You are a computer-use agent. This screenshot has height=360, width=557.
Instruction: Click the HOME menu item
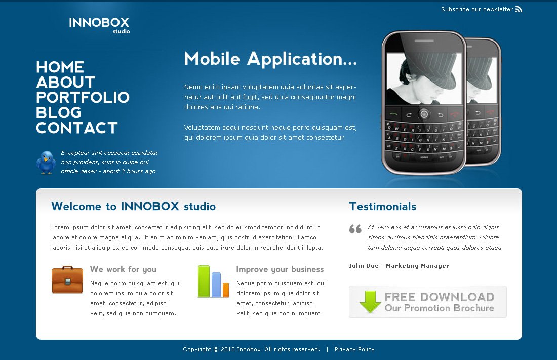tap(60, 67)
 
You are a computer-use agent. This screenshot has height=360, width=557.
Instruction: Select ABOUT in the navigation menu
tap(66, 83)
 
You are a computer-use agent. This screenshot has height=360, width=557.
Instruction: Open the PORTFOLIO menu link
tap(83, 97)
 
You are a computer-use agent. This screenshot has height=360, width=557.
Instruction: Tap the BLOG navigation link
tap(59, 112)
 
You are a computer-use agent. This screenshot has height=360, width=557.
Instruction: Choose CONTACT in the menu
tap(77, 128)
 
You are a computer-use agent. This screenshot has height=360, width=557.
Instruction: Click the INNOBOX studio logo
tap(99, 25)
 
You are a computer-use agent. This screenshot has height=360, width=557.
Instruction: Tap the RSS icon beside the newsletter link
tap(519, 9)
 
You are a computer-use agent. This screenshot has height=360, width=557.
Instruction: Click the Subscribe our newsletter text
tap(476, 9)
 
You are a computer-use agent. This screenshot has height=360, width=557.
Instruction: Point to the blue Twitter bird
tap(46, 163)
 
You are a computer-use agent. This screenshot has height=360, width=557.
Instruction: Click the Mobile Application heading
tap(270, 59)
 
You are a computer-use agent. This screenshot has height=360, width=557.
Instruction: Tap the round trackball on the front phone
tap(424, 114)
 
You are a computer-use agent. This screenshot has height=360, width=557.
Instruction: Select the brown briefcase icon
tap(67, 279)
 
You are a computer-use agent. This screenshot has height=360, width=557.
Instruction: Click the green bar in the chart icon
tap(204, 281)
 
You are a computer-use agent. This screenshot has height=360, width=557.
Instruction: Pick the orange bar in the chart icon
tap(226, 290)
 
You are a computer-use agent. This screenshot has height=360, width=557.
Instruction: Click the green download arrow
tap(370, 302)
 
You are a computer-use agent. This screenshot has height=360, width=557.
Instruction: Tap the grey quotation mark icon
tap(355, 229)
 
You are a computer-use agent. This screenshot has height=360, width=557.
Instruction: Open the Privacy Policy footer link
tap(354, 349)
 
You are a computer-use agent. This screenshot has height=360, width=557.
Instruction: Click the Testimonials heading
tap(383, 206)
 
